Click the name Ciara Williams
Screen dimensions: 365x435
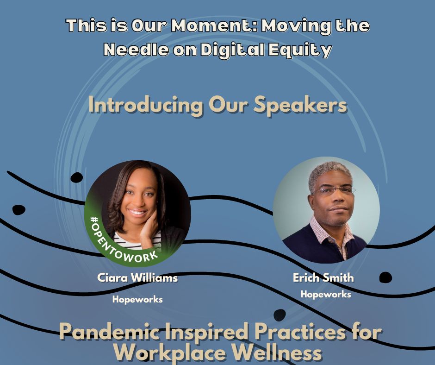tap(137, 278)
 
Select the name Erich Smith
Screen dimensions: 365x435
tap(323, 278)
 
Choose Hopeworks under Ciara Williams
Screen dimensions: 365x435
tap(137, 299)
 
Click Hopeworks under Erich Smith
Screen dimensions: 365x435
tap(326, 294)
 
